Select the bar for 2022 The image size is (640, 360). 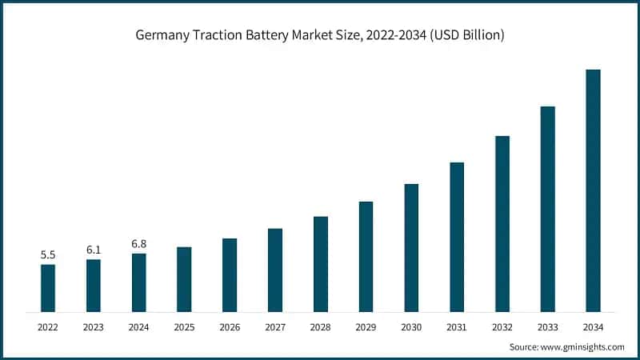48,288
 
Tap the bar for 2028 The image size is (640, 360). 321,264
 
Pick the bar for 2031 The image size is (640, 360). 457,237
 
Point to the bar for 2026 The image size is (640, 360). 230,275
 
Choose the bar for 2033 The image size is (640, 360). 547,209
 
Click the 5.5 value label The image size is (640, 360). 48,255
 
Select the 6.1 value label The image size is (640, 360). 94,250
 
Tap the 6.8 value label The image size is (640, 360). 139,244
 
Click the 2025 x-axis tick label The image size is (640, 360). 184,327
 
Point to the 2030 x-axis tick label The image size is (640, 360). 411,327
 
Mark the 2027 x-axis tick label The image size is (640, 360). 275,327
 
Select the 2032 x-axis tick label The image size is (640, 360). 502,327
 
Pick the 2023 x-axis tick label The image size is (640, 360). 94,327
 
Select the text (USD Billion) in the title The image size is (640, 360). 459,35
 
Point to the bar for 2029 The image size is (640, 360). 366,257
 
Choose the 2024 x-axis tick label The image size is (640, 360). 139,327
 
